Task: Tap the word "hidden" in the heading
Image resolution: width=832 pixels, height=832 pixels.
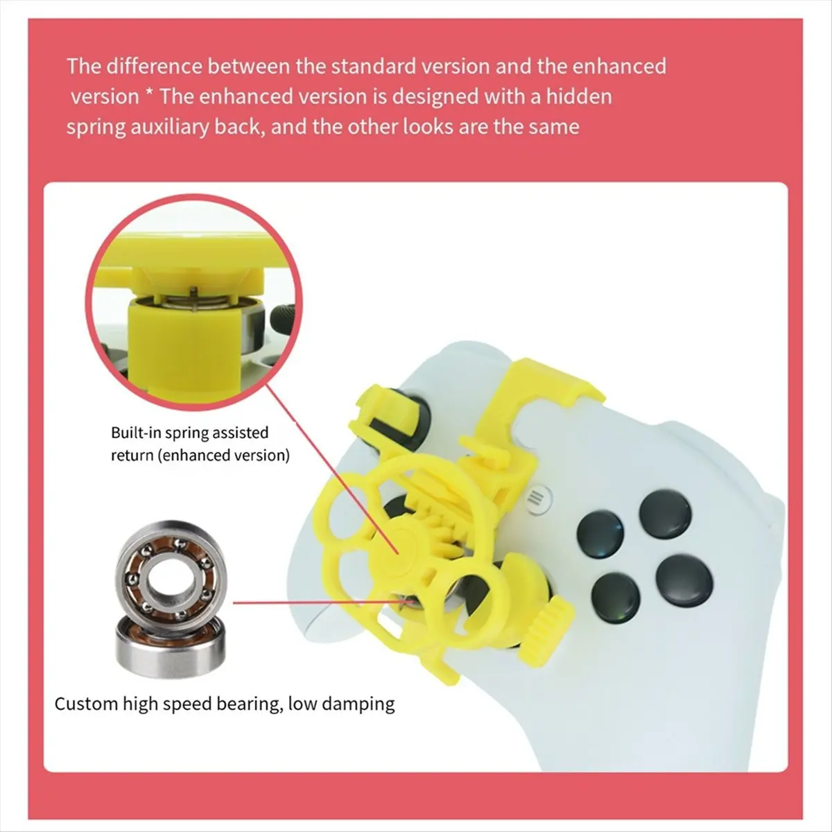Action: [579, 96]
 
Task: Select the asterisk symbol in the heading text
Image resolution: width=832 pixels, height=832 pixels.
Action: [149, 93]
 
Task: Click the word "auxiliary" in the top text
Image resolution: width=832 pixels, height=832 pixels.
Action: [168, 128]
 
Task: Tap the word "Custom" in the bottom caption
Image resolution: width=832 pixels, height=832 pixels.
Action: [86, 704]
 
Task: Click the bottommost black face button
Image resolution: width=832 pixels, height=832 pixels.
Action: [615, 598]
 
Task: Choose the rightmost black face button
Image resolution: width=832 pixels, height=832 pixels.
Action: [684, 580]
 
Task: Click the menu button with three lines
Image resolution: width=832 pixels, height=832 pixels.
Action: [536, 499]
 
